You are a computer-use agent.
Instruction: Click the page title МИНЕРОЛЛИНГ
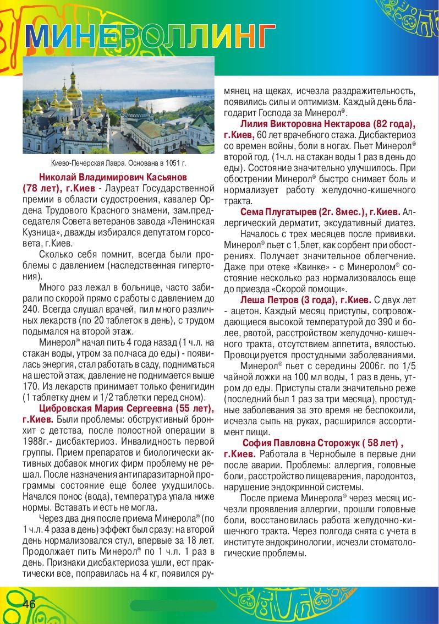coord(150,36)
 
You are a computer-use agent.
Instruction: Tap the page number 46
coord(29,604)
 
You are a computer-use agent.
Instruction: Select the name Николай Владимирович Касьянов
coord(113,177)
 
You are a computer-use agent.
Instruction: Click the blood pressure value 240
coord(31,309)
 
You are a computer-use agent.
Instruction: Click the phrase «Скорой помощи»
coord(314,289)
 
